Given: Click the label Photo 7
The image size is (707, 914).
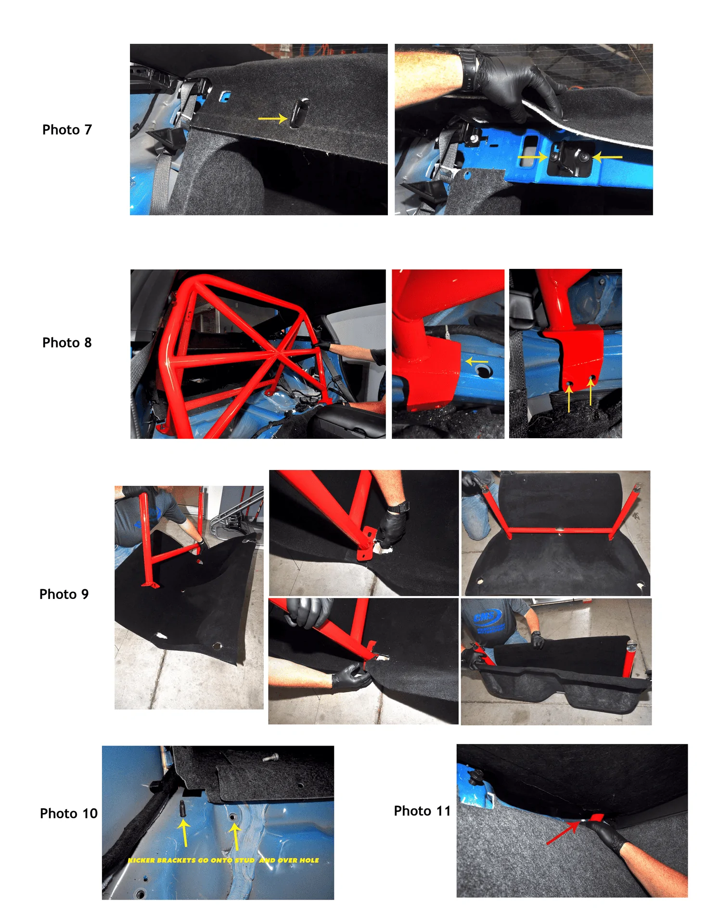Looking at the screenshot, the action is [x=67, y=130].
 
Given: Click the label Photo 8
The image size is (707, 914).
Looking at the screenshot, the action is [x=67, y=343].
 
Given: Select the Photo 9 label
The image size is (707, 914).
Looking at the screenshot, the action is [x=64, y=594].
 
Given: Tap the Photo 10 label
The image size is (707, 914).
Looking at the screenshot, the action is [x=69, y=813].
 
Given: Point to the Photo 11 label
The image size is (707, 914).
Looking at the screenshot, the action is [x=422, y=811].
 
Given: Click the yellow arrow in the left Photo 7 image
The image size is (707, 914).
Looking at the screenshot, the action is [x=272, y=118].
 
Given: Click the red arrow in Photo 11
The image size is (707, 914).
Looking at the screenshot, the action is [x=564, y=833].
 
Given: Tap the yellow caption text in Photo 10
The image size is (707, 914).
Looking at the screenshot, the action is [x=223, y=860].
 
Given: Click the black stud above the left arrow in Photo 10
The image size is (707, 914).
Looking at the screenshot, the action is [x=182, y=808].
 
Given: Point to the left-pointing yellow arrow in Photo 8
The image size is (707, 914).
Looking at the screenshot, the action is [x=476, y=361].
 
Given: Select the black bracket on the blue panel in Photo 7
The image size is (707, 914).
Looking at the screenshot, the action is [x=570, y=159].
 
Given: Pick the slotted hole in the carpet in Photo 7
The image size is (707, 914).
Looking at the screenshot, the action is [x=299, y=113].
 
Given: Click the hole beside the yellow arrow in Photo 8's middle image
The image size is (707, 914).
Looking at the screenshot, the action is [x=483, y=371].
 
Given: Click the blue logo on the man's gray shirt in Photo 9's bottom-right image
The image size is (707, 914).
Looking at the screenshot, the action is [x=487, y=619].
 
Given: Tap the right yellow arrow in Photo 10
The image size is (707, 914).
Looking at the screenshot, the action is [x=235, y=835].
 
